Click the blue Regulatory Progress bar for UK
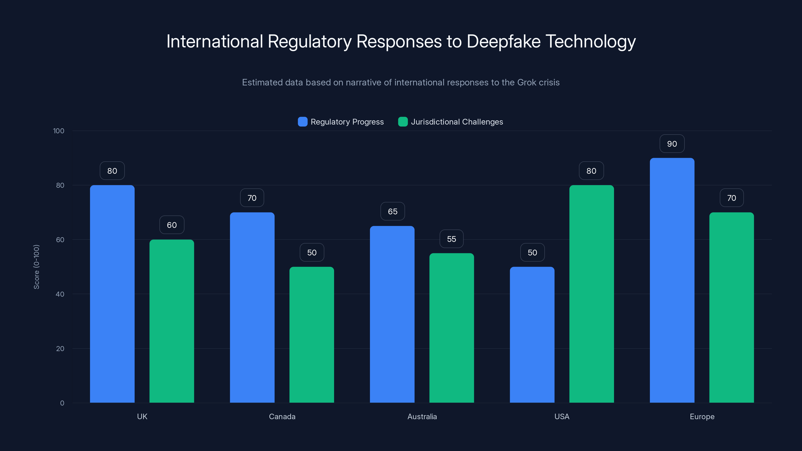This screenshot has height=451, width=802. (x=112, y=294)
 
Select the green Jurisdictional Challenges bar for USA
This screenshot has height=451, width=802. (x=591, y=294)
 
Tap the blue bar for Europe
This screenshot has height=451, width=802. (x=672, y=280)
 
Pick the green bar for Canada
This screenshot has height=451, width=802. (x=312, y=334)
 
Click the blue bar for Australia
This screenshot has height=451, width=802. (x=392, y=314)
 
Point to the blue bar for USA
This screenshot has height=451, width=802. (x=532, y=334)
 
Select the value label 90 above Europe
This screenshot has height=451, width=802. (x=672, y=144)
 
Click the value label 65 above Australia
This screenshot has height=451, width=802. (x=392, y=211)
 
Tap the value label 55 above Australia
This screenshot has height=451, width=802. (x=451, y=239)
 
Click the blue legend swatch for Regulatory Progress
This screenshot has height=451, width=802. (x=303, y=122)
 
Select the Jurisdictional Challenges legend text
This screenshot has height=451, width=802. (x=457, y=122)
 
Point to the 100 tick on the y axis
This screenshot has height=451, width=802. (x=59, y=131)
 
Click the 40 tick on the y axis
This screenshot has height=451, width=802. (x=60, y=294)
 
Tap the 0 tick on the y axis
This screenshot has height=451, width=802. (x=62, y=403)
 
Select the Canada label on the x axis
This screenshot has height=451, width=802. (x=282, y=416)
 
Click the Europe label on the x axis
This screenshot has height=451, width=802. (x=702, y=416)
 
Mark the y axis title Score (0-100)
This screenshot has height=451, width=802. (x=36, y=267)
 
